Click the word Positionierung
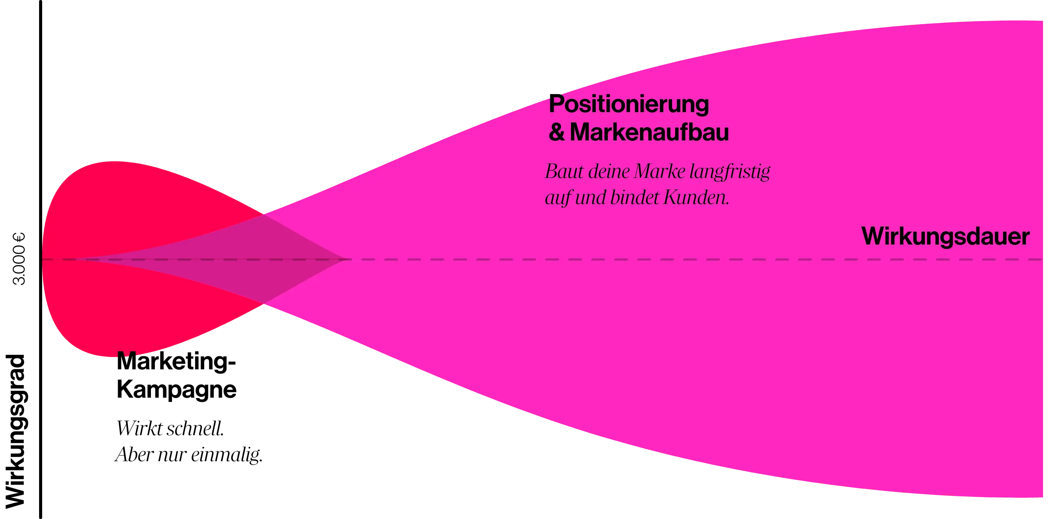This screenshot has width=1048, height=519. point(628,105)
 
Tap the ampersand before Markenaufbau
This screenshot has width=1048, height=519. point(556,133)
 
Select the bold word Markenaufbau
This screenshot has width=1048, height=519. point(649,133)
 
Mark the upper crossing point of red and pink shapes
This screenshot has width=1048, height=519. point(264,213)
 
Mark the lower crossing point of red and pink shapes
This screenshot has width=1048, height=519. point(264,304)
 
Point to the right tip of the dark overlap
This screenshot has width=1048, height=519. point(346,259)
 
